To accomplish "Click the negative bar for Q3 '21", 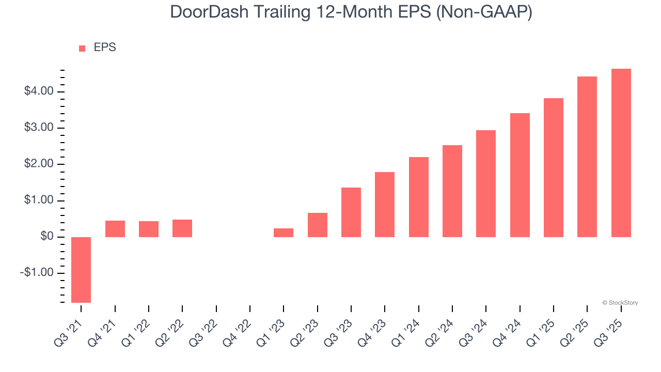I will point(81,270).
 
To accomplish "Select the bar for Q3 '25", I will point(621,153).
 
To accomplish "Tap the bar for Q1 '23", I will point(284,233).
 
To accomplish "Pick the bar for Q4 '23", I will point(385,205).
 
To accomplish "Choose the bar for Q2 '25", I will point(587,157).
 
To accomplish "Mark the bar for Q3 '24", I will point(486,183).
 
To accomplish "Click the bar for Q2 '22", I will point(182,228).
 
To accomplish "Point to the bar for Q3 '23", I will point(351,212).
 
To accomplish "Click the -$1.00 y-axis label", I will point(37,273).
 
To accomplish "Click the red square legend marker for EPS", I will point(82,48).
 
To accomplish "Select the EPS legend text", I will point(105,48).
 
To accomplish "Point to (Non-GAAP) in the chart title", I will point(484,12).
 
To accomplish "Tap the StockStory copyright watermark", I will point(620,303).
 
